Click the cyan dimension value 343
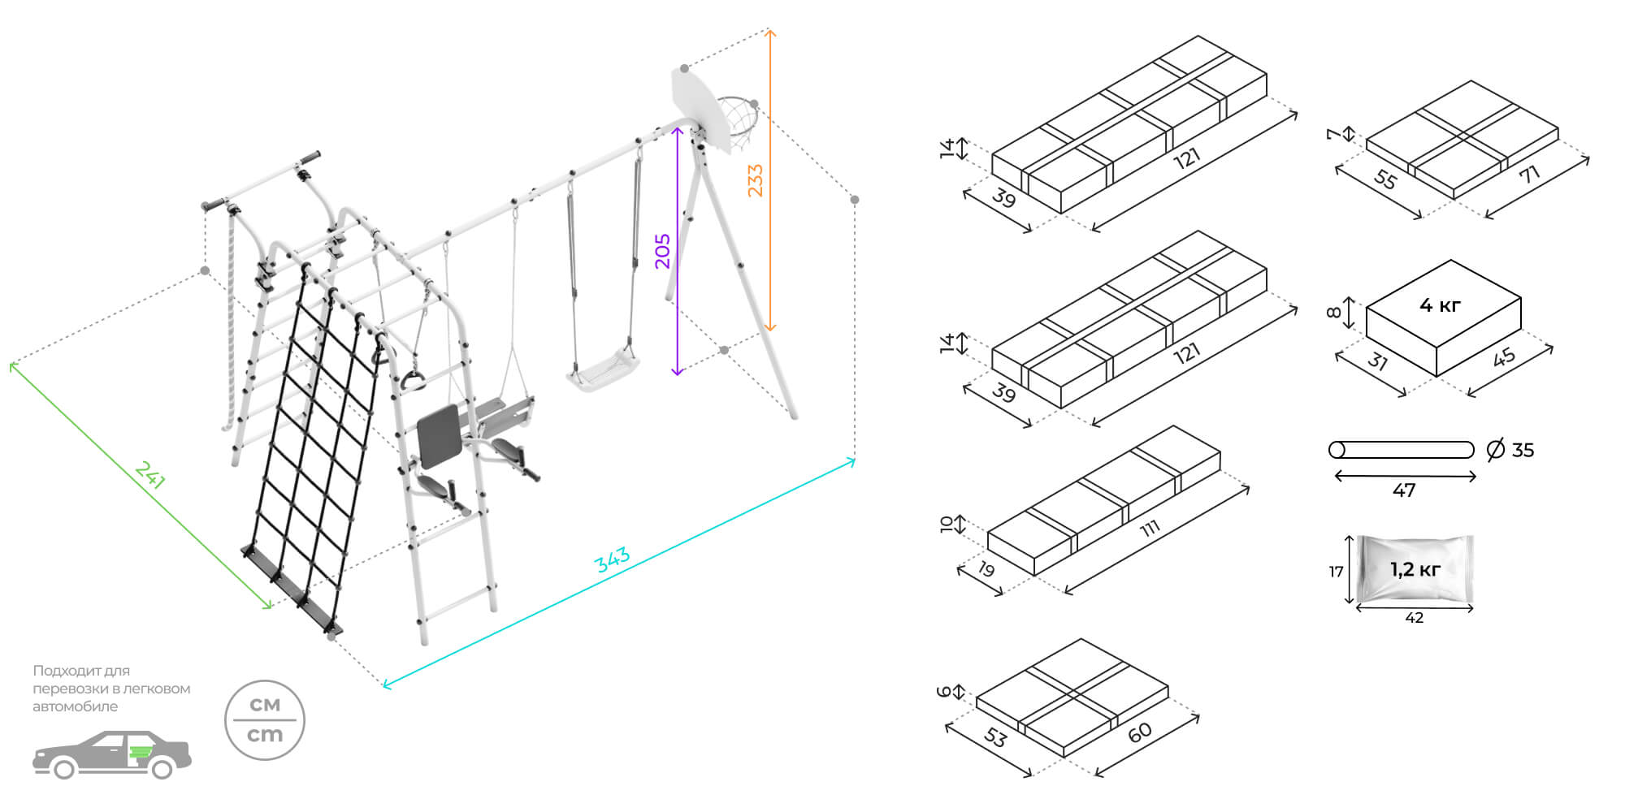612,559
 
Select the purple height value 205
663,251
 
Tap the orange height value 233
755,180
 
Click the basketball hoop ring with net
738,120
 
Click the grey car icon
112,755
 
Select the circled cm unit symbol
265,720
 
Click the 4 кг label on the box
1440,305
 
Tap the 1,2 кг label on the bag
1415,569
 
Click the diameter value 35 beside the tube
1522,450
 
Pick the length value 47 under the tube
1404,490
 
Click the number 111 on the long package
1149,529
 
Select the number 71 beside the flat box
1530,174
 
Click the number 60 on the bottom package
1140,732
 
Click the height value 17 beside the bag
1336,572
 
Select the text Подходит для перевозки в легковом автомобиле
111,689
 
